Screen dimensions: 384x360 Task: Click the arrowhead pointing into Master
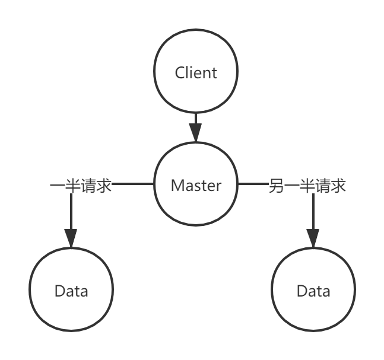pos(195,132)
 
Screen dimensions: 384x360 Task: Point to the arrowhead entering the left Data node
pos(71,238)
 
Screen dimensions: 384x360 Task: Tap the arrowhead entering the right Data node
pos(313,238)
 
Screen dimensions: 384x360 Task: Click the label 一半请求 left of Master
pos(81,186)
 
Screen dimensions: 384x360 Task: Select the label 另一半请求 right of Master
pos(307,186)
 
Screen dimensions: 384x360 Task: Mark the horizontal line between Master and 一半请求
pos(133,183)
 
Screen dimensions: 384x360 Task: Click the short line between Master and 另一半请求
pos(253,183)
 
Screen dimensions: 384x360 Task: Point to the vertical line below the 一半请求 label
pos(71,211)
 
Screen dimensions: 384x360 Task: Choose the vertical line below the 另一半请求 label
pos(313,211)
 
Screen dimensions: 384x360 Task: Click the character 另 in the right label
pos(277,186)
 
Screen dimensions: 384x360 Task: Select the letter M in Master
pos(177,185)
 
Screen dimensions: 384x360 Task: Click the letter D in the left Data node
pos(60,291)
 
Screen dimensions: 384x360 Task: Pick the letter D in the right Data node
pos(302,291)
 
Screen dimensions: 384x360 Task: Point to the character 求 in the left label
pos(104,186)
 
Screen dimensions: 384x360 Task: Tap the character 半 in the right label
pos(307,186)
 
